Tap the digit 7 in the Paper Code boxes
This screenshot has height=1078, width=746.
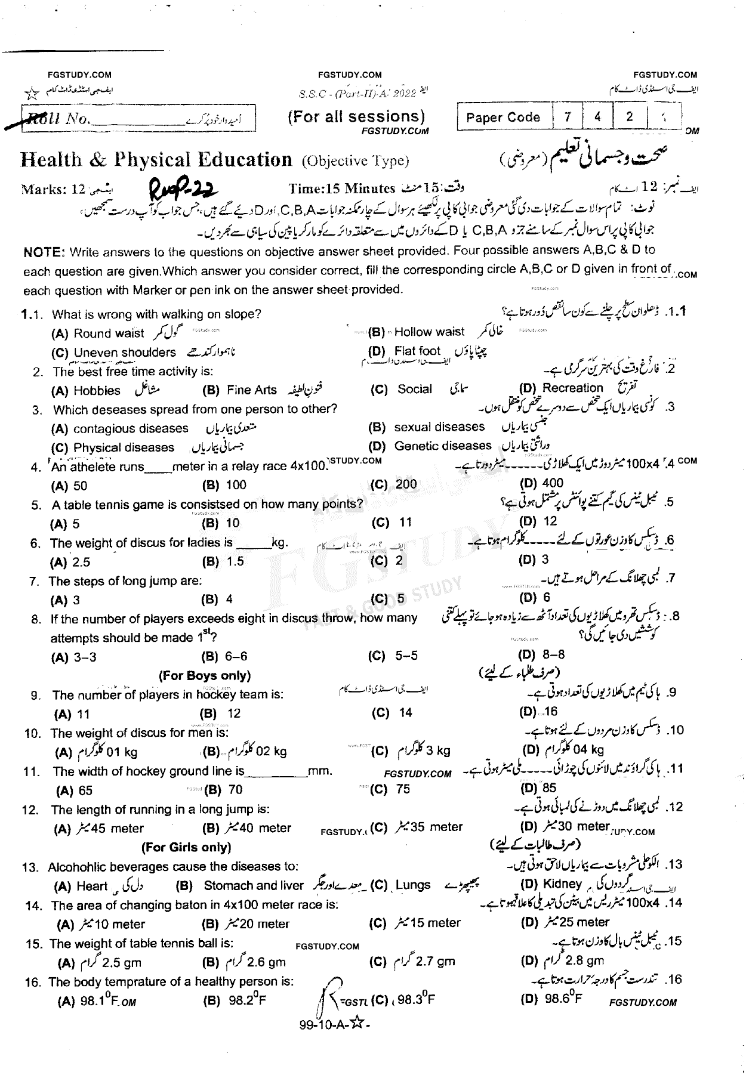568,117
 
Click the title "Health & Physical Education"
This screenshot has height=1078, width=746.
156,160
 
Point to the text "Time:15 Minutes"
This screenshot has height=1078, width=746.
342,189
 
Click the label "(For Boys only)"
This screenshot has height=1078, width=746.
204,675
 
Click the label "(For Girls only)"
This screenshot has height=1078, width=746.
186,847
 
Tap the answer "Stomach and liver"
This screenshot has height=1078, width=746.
253,886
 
